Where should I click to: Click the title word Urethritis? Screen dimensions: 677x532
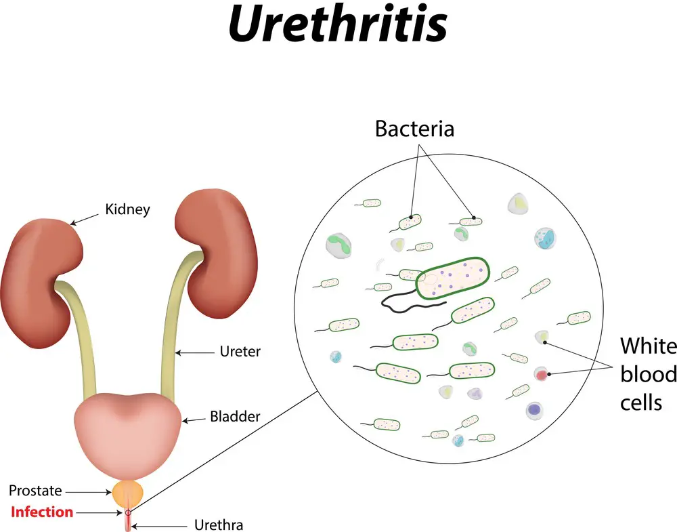pyautogui.click(x=338, y=24)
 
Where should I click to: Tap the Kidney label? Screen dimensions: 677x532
pyautogui.click(x=128, y=209)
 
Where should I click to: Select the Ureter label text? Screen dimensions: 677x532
pyautogui.click(x=240, y=351)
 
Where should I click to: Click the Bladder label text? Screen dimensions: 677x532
pyautogui.click(x=235, y=416)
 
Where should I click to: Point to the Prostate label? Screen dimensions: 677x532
pyautogui.click(x=35, y=491)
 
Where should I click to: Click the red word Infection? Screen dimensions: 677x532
pyautogui.click(x=42, y=512)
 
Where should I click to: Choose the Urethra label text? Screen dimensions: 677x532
pyautogui.click(x=219, y=525)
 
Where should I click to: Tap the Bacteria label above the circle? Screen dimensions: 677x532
pyautogui.click(x=414, y=129)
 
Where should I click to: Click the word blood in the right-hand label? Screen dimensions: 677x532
pyautogui.click(x=648, y=374)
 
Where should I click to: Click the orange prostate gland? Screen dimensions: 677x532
pyautogui.click(x=127, y=493)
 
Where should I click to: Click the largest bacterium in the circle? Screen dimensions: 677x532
pyautogui.click(x=453, y=279)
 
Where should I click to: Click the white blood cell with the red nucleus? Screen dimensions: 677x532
pyautogui.click(x=541, y=374)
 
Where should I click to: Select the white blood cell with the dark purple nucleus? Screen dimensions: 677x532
pyautogui.click(x=535, y=410)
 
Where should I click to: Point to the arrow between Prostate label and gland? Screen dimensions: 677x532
pyautogui.click(x=89, y=492)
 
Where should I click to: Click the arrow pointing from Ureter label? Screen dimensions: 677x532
pyautogui.click(x=194, y=353)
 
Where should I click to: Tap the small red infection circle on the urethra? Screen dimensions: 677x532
pyautogui.click(x=128, y=513)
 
